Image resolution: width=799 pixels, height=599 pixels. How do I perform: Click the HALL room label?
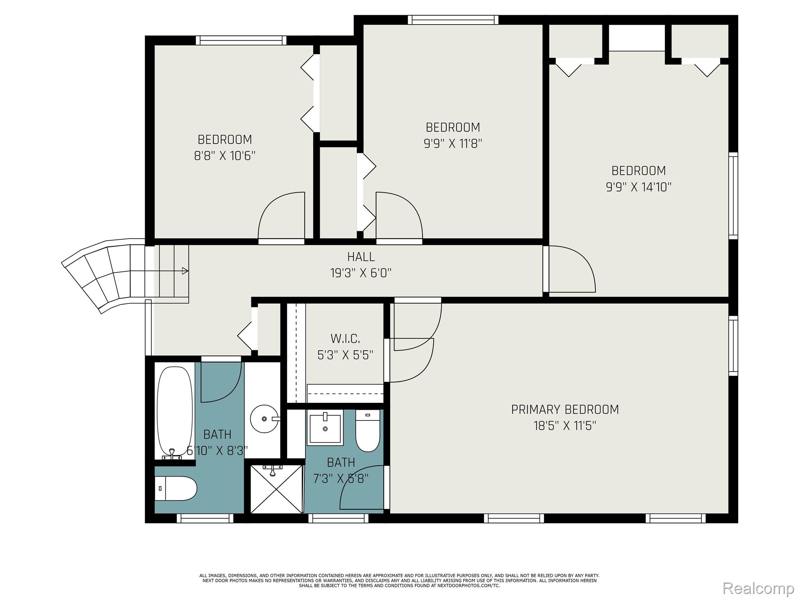tap(361, 257)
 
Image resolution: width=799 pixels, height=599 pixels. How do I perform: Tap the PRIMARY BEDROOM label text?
tap(565, 409)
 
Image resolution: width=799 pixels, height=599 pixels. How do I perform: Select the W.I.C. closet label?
tap(345, 338)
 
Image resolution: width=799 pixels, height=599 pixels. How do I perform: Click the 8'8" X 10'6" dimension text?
tap(225, 156)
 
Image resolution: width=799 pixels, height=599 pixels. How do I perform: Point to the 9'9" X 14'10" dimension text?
tap(639, 187)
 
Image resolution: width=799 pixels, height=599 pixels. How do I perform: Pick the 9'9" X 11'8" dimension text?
tap(453, 144)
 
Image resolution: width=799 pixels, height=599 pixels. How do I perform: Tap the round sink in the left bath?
tap(264, 419)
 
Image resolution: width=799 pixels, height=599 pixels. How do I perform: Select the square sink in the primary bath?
tap(325, 427)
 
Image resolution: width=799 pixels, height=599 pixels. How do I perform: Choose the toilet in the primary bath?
tap(368, 431)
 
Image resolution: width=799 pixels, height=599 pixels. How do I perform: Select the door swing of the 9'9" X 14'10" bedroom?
tap(572, 269)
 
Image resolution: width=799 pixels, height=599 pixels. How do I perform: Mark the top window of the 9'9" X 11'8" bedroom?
tap(453, 20)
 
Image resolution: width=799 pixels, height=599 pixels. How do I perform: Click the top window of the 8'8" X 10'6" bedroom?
tap(241, 40)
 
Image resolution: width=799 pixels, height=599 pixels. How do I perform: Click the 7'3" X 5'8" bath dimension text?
tap(341, 478)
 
